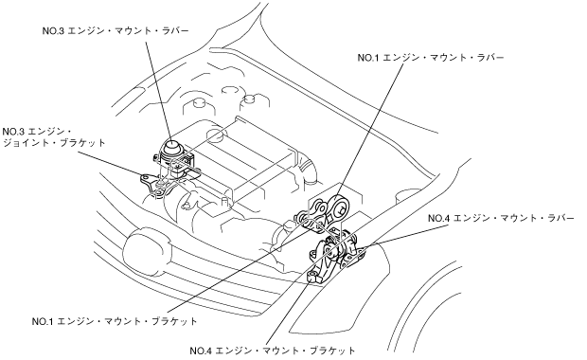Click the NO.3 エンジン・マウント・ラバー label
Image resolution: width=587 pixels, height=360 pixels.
click(116, 30)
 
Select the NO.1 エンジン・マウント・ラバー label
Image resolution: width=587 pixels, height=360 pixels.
click(431, 58)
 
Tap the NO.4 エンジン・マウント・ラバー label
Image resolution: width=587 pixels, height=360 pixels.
click(501, 218)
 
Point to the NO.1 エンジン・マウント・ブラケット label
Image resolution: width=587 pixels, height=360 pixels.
click(115, 321)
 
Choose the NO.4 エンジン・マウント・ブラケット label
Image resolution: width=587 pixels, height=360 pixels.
click(273, 351)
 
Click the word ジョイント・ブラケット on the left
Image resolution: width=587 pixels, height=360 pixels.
click(54, 143)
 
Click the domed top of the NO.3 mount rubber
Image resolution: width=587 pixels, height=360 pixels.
click(172, 147)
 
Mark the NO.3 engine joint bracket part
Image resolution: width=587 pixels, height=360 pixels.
click(155, 185)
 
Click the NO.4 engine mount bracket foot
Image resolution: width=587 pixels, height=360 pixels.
click(313, 278)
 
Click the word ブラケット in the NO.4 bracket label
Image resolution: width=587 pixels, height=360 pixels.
click(333, 351)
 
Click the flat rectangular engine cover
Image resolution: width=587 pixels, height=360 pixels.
click(243, 157)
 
